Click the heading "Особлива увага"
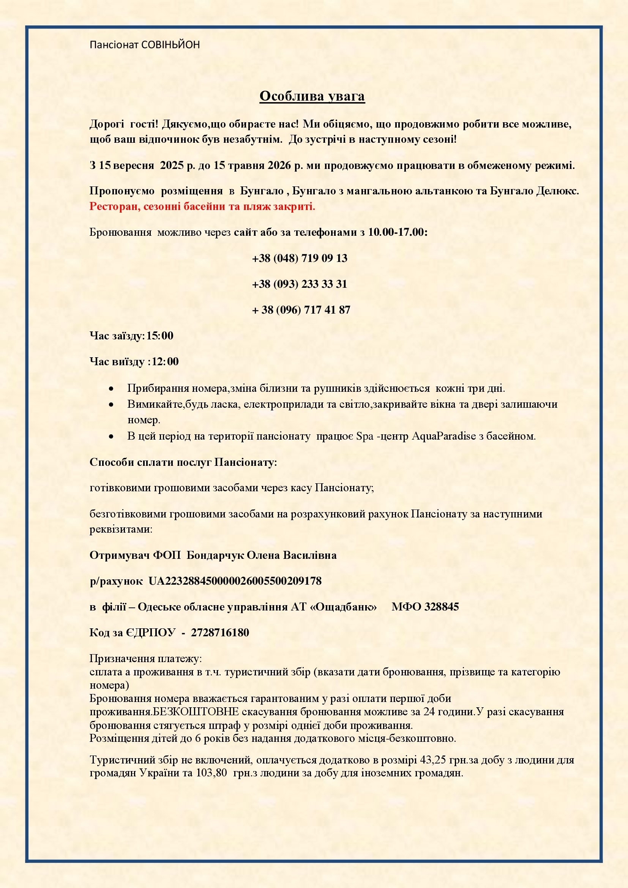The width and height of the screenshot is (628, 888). click(x=312, y=96)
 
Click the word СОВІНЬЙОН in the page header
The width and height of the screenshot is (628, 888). click(x=170, y=45)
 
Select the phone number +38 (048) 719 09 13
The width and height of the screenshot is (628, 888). click(x=299, y=258)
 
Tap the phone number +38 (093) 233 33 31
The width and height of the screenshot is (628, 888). click(x=299, y=284)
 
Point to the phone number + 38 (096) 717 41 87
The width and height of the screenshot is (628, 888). click(x=301, y=310)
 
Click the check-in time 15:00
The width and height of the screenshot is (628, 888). click(x=160, y=336)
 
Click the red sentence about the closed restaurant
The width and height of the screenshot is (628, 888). click(x=202, y=206)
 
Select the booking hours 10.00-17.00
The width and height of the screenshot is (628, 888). click(x=398, y=232)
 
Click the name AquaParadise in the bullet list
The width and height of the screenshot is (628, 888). click(x=443, y=436)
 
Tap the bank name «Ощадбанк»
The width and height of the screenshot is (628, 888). click(x=343, y=607)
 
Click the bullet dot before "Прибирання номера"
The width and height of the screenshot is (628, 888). click(x=111, y=388)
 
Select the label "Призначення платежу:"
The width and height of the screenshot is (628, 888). click(x=146, y=658)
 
